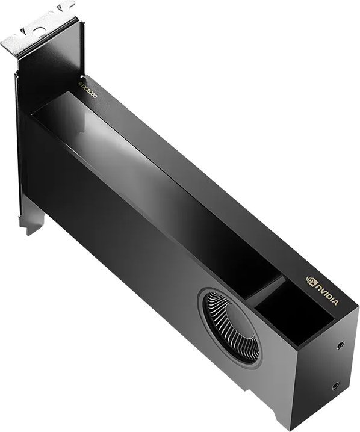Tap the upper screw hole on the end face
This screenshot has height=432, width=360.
point(341,345)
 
